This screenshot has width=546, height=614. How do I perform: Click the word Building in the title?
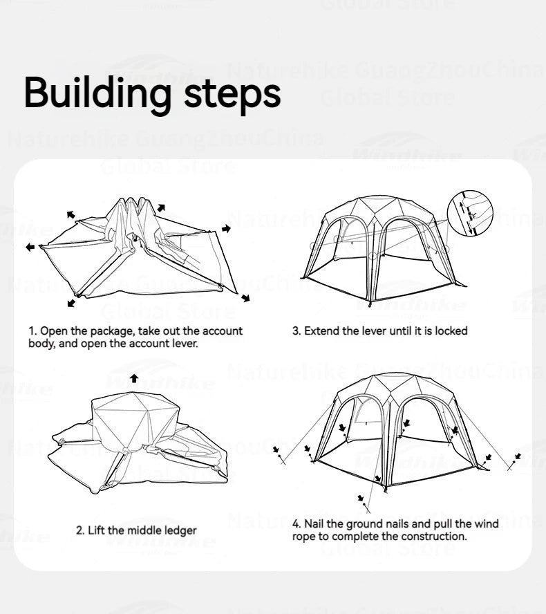(97, 93)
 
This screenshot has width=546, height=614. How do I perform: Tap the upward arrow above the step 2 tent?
(133, 378)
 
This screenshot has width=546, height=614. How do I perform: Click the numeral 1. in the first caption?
(32, 331)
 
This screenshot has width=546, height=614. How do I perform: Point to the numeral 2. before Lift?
(80, 530)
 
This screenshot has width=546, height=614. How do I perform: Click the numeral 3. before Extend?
(296, 331)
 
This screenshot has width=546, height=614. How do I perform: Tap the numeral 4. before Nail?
(296, 524)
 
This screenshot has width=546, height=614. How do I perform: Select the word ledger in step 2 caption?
(180, 530)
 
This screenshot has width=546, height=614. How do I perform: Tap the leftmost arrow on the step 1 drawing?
(29, 246)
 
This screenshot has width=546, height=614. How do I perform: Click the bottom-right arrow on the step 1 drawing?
(245, 298)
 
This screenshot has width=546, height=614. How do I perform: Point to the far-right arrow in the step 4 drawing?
(518, 457)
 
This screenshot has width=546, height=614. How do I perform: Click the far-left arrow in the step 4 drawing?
(276, 450)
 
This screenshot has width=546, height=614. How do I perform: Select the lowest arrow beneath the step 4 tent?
(361, 498)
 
